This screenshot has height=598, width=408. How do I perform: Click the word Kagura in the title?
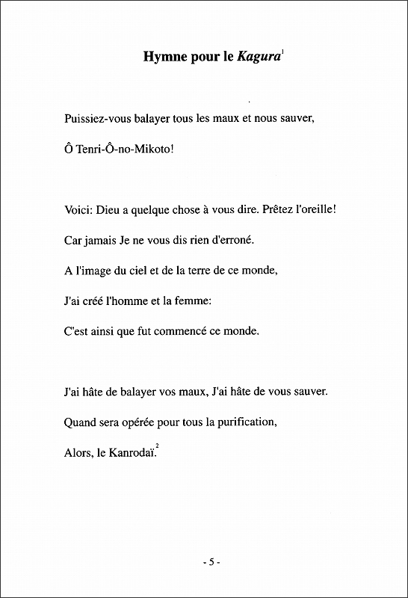pyautogui.click(x=258, y=57)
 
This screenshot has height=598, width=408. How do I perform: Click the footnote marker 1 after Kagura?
pyautogui.click(x=282, y=51)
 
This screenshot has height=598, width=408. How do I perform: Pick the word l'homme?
pyautogui.click(x=126, y=300)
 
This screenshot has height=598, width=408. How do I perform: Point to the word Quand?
pyautogui.click(x=82, y=422)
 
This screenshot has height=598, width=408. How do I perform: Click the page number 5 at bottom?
pyautogui.click(x=211, y=561)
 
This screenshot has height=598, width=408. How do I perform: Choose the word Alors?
pyautogui.click(x=78, y=453)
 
